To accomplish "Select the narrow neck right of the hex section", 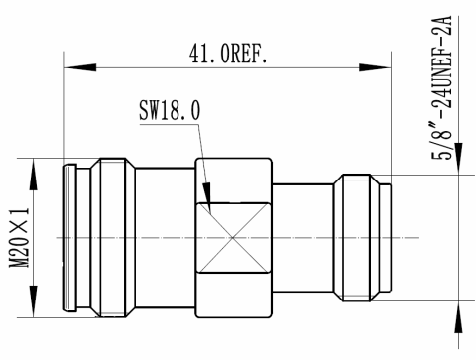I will (x=302, y=238).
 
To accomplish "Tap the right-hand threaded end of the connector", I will (x=369, y=238).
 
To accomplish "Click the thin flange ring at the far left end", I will (x=68, y=238).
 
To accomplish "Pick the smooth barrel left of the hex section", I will (x=164, y=238).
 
